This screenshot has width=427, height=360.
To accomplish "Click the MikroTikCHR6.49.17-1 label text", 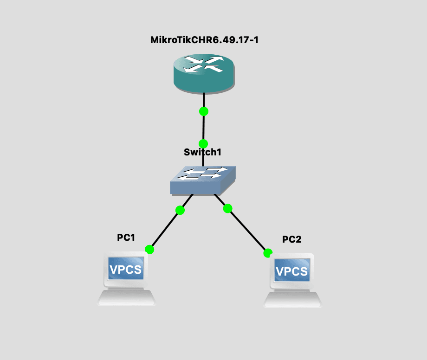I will (204, 40).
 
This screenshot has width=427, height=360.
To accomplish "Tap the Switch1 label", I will (203, 152).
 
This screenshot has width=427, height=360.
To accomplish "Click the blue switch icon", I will (203, 180).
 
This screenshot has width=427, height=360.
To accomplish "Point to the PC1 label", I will (126, 238).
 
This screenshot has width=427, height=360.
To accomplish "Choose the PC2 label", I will (292, 239).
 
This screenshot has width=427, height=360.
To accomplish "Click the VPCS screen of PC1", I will (125, 269).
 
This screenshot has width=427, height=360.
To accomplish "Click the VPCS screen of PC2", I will (291, 270).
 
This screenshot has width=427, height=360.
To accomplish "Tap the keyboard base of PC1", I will (126, 298).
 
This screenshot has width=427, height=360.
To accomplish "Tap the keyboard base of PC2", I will (292, 300).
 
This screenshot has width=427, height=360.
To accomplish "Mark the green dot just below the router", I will (203, 111).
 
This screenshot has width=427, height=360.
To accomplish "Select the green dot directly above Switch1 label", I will (203, 143).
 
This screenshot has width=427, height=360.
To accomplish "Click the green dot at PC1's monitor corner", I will (149, 250).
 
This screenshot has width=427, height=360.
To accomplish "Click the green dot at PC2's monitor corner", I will (268, 253).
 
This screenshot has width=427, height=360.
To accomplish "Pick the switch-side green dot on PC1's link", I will (180, 210).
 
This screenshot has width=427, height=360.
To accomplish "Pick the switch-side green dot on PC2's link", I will (227, 209).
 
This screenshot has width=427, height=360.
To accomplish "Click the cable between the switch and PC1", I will (165, 230).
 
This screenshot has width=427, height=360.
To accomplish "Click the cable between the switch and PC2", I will (247, 231).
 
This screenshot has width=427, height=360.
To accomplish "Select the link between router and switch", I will (203, 128).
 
